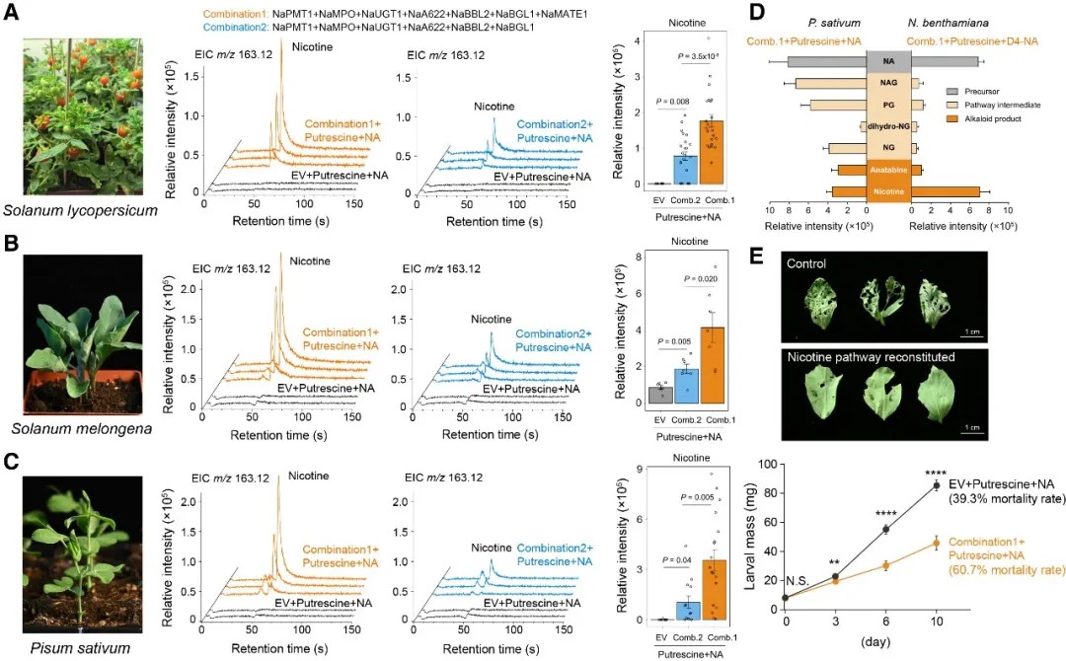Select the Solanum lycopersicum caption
pyautogui.click(x=67, y=210)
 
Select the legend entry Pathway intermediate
pyautogui.click(x=999, y=105)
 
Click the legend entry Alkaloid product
pyautogui.click(x=991, y=118)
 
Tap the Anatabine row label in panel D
pyautogui.click(x=888, y=170)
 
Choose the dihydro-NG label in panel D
pyautogui.click(x=888, y=126)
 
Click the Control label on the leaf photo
pyautogui.click(x=807, y=263)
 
